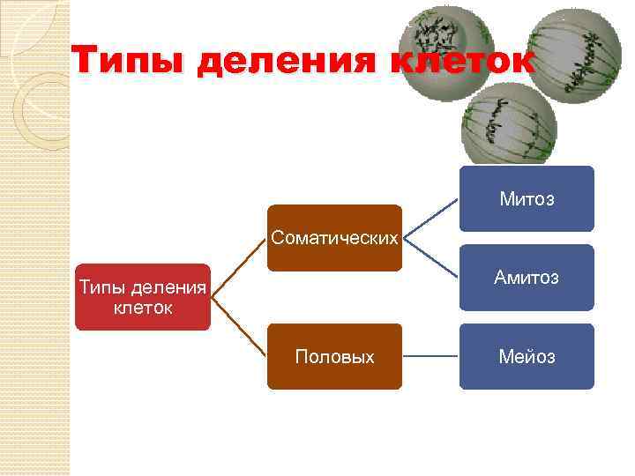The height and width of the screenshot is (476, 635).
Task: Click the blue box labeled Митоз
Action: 527,198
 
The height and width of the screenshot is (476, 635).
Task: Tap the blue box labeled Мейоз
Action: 527,356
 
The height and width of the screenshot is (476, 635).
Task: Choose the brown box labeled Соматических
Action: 334,238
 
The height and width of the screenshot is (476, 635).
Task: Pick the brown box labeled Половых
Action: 334,356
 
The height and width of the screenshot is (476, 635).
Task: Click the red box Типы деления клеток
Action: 143,297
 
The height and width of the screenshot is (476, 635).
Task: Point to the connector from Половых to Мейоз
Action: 430,356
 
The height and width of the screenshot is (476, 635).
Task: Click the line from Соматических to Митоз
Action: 430,218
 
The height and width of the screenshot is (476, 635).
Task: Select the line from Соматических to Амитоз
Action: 430,257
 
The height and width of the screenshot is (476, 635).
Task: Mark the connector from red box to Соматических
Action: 239,268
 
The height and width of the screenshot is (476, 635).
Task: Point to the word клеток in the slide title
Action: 459,62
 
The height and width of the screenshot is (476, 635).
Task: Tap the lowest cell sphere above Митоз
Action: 510,128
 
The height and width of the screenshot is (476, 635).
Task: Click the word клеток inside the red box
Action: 143,309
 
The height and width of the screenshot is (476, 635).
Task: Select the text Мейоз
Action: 527,357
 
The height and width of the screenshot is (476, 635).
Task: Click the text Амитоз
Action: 527,278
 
